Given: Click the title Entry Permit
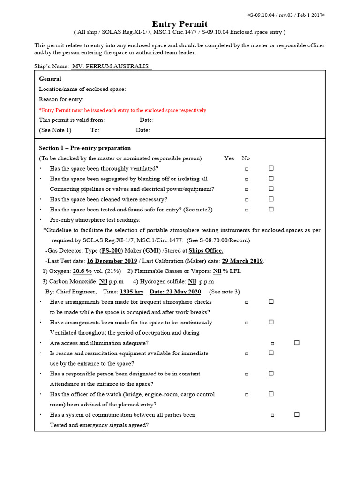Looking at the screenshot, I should tap(180, 24).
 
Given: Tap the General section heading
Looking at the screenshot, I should tap(50, 79).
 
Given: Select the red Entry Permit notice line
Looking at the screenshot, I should tap(122, 110).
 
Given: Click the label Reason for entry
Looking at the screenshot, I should tap(61, 99).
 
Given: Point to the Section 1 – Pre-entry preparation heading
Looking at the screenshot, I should tap(85, 148).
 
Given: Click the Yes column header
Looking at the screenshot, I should tap(229, 158).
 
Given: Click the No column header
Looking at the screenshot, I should tap(246, 158).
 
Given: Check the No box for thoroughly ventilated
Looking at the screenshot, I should tap(271, 168).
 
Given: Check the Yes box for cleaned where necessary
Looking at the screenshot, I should tap(247, 200).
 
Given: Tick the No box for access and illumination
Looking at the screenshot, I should tap(297, 343).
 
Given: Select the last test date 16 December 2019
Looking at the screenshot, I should tap(112, 261).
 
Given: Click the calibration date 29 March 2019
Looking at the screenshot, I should tap(242, 261).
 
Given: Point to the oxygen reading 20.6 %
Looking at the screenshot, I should tap(82, 271).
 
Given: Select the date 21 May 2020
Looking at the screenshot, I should tap(175, 292).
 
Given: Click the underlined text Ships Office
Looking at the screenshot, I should tap(206, 251).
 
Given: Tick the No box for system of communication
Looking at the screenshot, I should tap(297, 414).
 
